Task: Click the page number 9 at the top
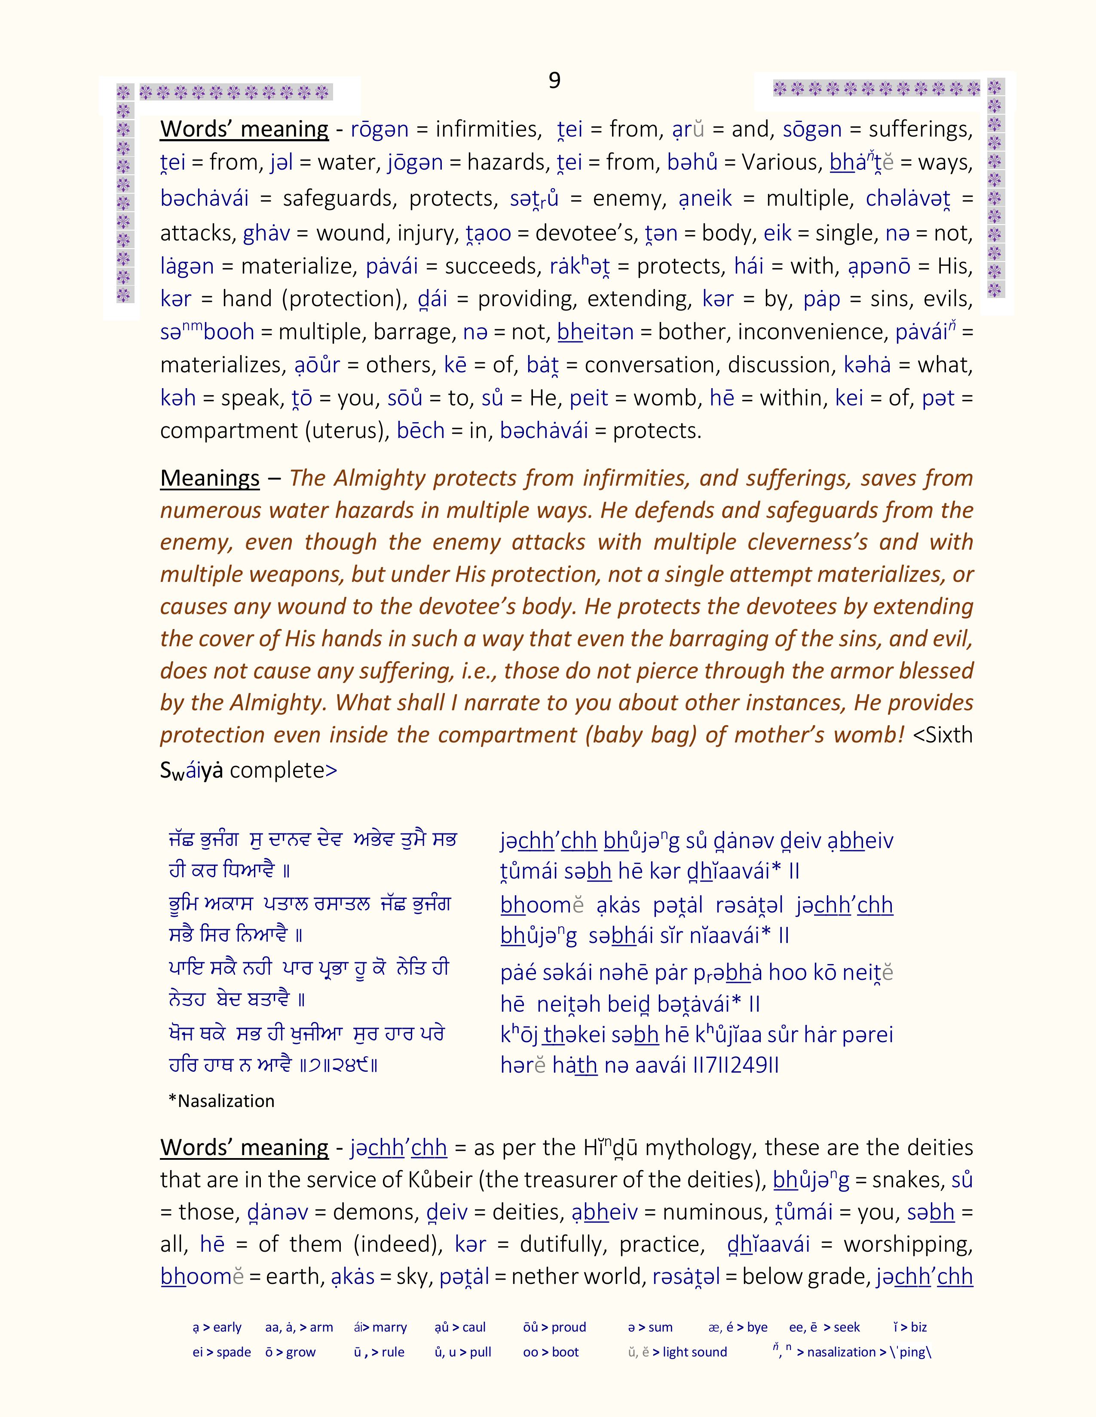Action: [554, 80]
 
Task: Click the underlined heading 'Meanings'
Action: [210, 478]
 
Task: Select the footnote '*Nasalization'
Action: [221, 1101]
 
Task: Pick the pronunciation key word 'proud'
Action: [569, 1327]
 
